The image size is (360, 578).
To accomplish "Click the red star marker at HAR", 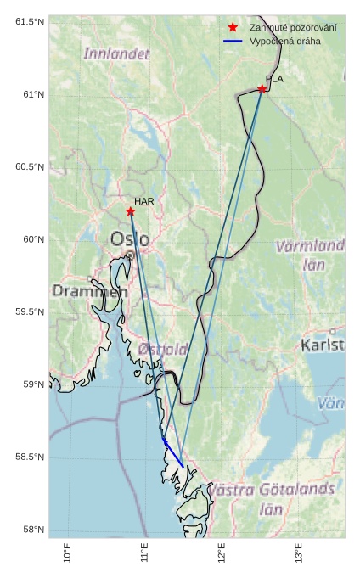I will pyautogui.click(x=131, y=211).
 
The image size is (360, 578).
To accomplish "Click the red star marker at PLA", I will pyautogui.click(x=262, y=89).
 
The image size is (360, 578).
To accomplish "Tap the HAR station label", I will pyautogui.click(x=143, y=201).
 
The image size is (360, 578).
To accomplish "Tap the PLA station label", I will pyautogui.click(x=274, y=79).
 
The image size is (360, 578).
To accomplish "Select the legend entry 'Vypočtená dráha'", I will pyautogui.click(x=285, y=41).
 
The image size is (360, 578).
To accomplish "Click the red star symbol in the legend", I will pyautogui.click(x=233, y=28).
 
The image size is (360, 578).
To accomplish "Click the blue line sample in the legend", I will pyautogui.click(x=233, y=41).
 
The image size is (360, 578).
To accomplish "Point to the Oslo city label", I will pyautogui.click(x=130, y=239).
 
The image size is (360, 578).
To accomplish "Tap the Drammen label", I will pyautogui.click(x=89, y=291).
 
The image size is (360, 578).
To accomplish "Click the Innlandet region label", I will pyautogui.click(x=116, y=53).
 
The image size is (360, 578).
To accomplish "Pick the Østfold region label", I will pyautogui.click(x=162, y=349).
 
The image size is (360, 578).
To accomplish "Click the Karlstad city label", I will pyautogui.click(x=323, y=345).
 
